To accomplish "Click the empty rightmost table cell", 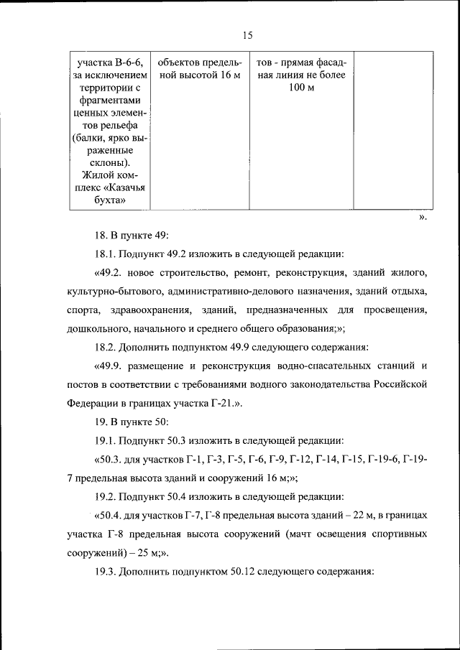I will [391, 129].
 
